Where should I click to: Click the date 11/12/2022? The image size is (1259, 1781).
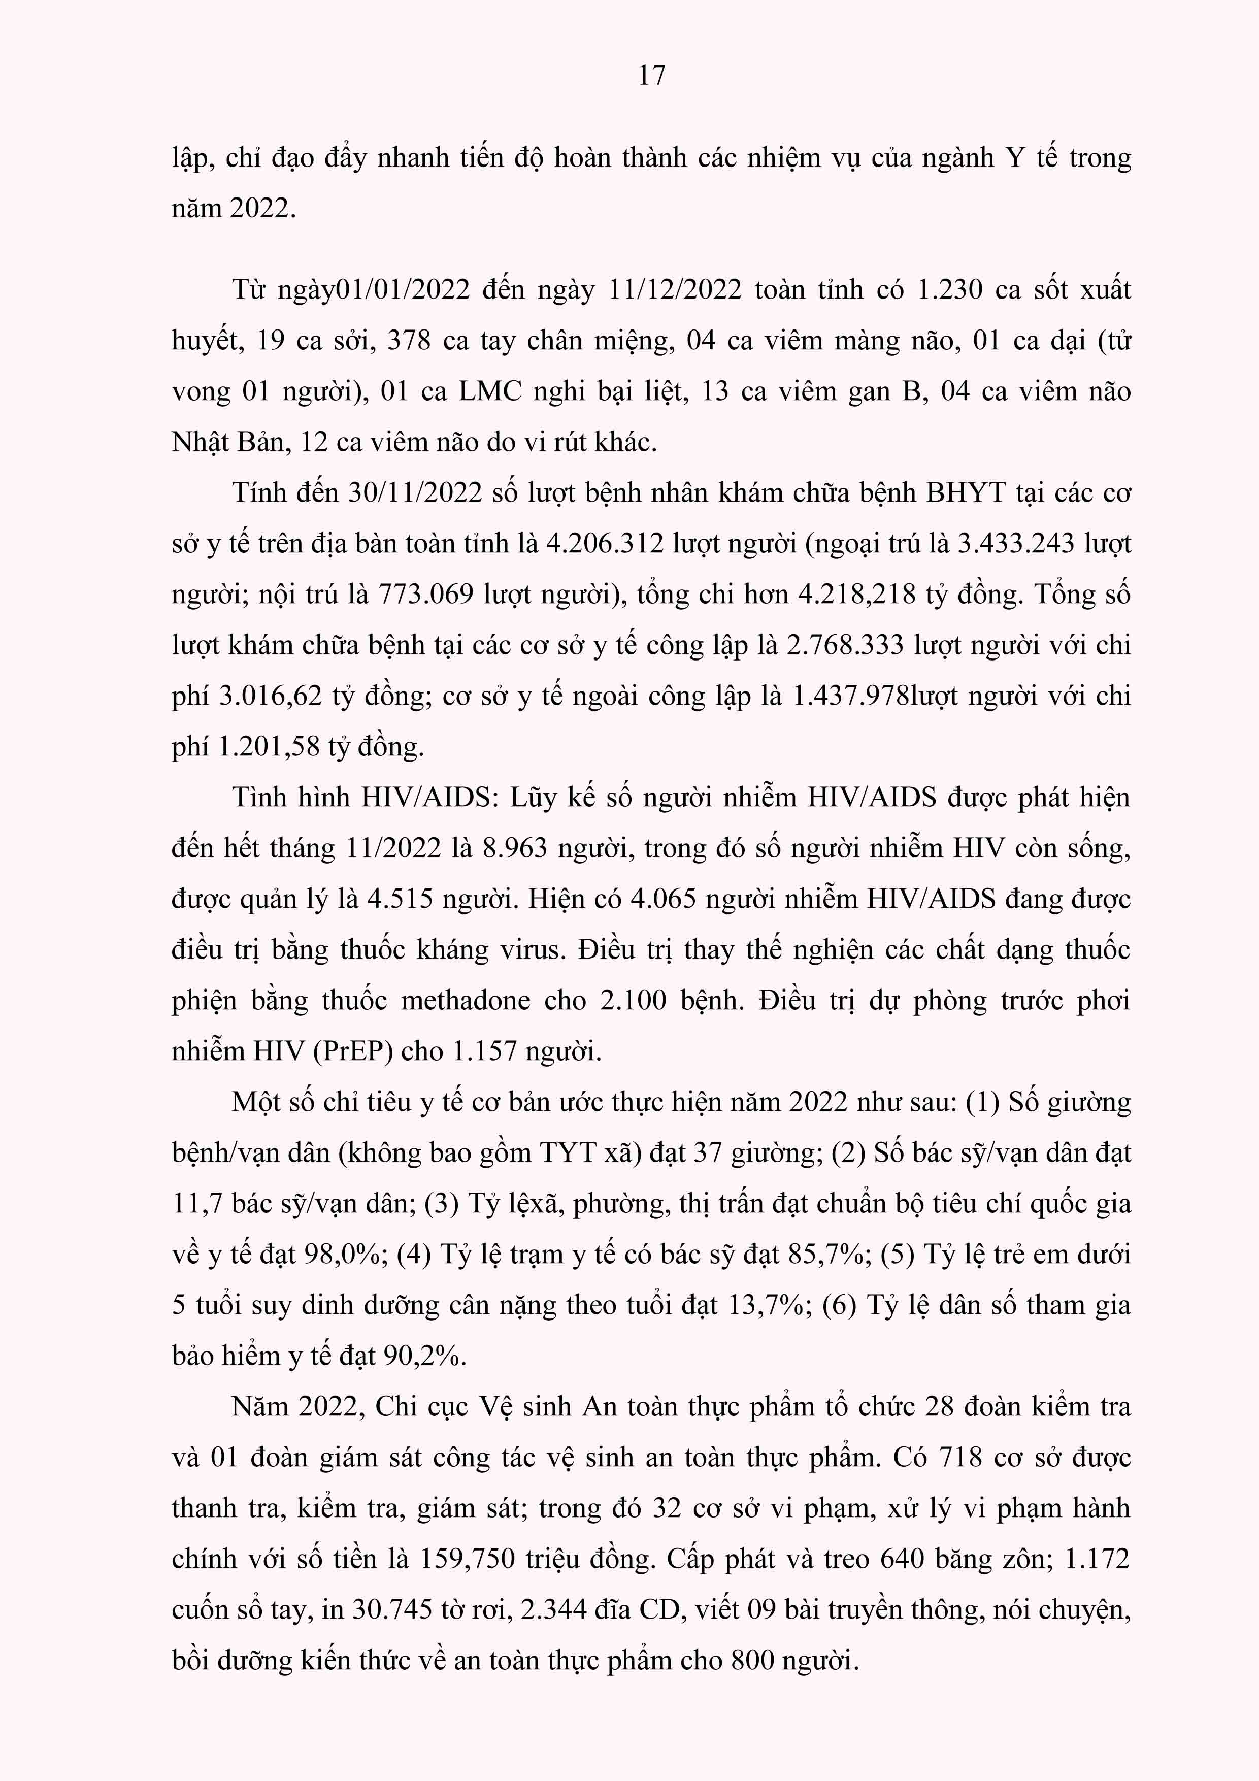675,290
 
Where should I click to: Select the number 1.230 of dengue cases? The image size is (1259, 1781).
949,290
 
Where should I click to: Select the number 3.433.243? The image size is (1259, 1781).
1015,544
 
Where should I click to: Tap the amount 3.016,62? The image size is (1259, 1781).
270,697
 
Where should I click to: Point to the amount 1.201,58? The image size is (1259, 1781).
269,747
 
